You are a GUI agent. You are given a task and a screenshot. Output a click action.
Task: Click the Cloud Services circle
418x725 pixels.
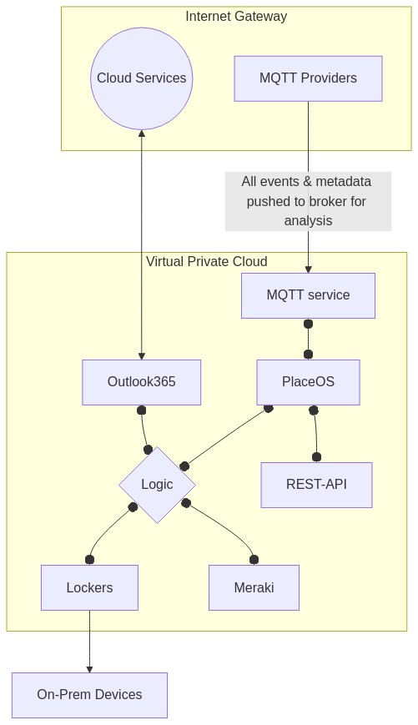pyautogui.click(x=142, y=78)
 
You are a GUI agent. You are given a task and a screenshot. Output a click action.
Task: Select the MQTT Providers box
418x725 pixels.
pyautogui.click(x=308, y=78)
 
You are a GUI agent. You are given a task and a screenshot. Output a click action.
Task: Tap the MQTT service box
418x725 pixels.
pyautogui.click(x=308, y=295)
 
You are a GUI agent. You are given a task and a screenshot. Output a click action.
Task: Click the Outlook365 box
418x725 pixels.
pyautogui.click(x=142, y=382)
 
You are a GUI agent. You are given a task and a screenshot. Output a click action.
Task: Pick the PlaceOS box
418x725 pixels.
pyautogui.click(x=308, y=382)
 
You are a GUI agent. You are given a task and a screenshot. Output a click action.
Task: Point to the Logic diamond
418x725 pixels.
pyautogui.click(x=157, y=485)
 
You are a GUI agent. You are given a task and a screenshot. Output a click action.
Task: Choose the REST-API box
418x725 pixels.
pyautogui.click(x=316, y=485)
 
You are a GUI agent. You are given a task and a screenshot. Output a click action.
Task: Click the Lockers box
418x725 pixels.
pyautogui.click(x=90, y=587)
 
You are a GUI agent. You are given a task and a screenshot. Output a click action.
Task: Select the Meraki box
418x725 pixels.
pyautogui.click(x=254, y=587)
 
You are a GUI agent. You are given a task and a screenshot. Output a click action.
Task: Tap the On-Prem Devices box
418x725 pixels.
pyautogui.click(x=90, y=695)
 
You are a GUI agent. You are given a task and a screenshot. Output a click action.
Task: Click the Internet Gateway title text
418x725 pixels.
pyautogui.click(x=236, y=16)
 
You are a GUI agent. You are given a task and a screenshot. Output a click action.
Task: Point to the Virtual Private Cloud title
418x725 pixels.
pyautogui.click(x=207, y=262)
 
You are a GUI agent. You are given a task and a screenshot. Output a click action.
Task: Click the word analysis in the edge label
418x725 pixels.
pyautogui.click(x=308, y=220)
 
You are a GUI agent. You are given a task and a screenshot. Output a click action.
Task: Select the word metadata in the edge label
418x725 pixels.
pyautogui.click(x=344, y=181)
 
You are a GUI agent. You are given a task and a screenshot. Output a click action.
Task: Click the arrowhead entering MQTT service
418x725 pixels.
pyautogui.click(x=308, y=269)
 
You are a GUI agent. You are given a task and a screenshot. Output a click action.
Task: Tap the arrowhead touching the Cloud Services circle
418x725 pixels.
pyautogui.click(x=142, y=133)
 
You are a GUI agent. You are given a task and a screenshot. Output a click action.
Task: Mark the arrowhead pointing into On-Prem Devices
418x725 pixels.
pyautogui.click(x=90, y=669)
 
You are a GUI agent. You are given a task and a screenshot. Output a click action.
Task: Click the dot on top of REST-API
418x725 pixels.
pyautogui.click(x=316, y=458)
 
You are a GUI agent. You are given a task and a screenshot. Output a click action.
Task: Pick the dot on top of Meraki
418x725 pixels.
pyautogui.click(x=254, y=560)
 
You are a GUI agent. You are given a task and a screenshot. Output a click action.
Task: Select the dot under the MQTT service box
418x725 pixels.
pyautogui.click(x=308, y=324)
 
